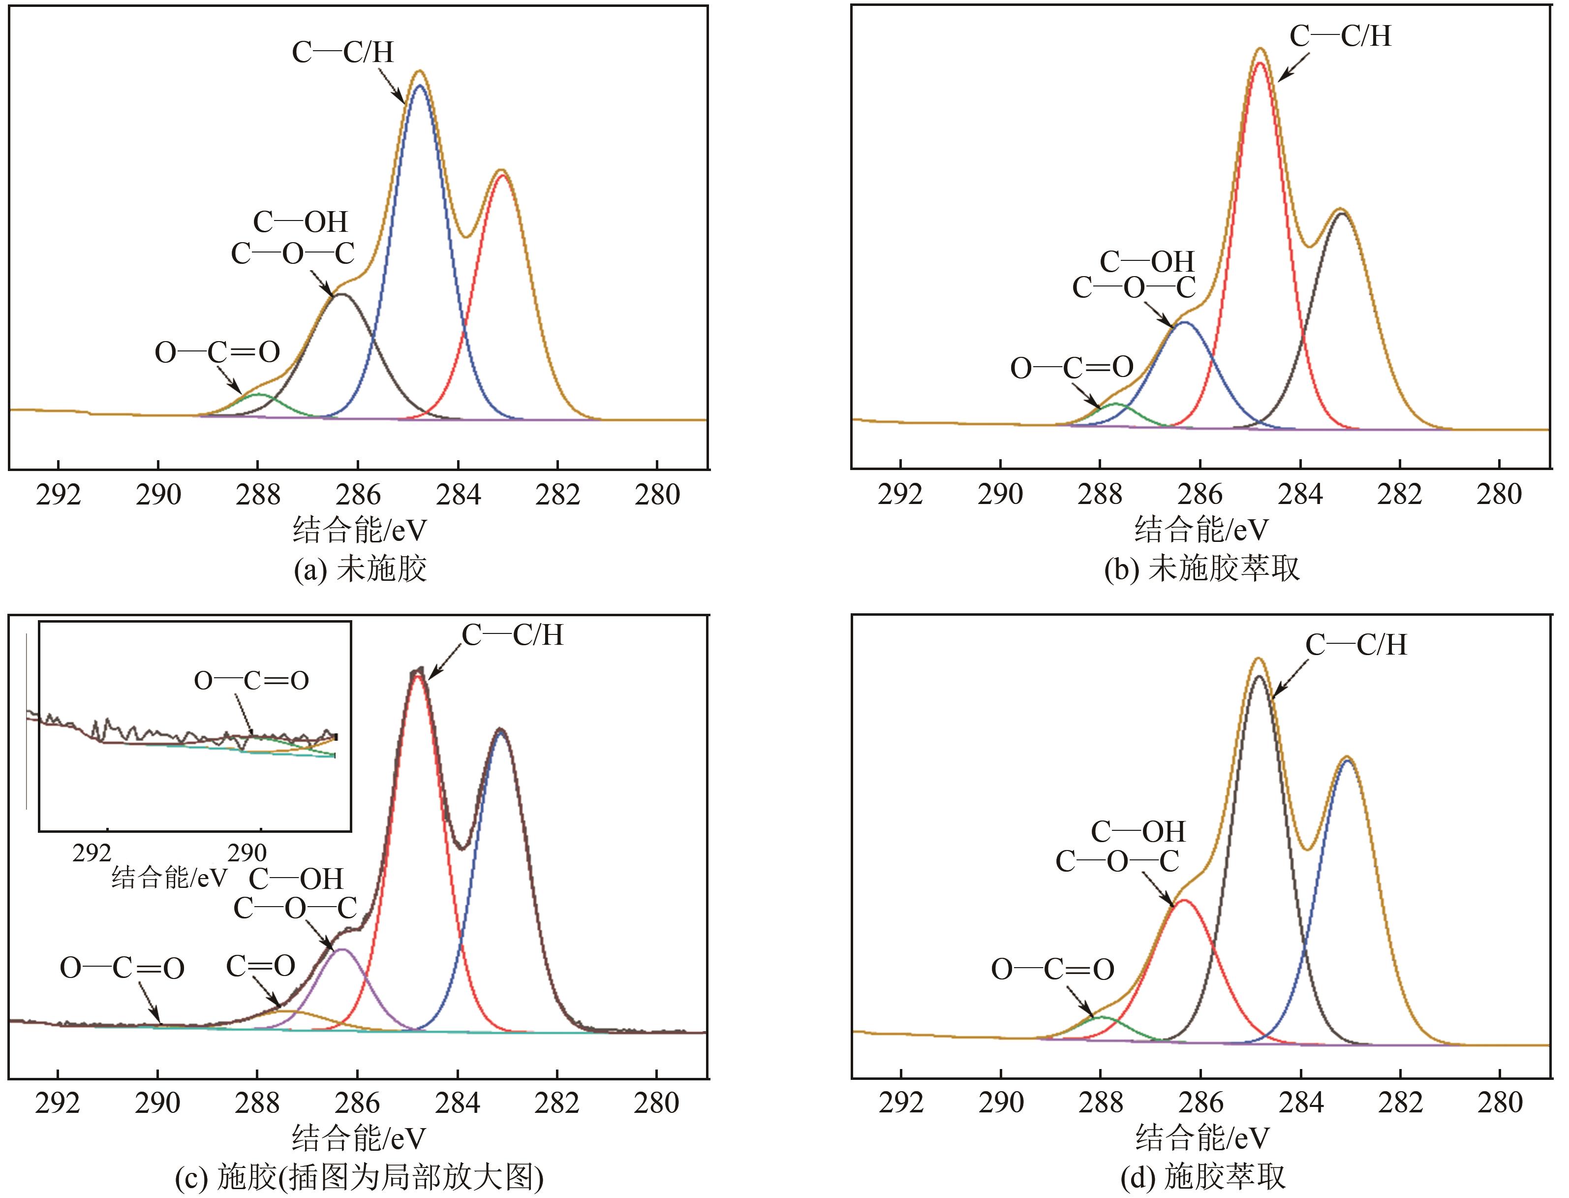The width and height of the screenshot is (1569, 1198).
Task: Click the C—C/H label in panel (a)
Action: [x=343, y=52]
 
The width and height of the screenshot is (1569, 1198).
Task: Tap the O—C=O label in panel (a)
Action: [x=217, y=352]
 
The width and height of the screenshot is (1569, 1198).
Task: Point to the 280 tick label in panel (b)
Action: [x=1499, y=495]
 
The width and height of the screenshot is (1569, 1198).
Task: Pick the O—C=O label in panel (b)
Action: [x=1072, y=368]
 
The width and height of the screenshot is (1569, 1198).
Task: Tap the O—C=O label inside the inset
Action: [x=251, y=681]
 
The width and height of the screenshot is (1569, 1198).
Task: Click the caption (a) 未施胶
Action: [x=360, y=569]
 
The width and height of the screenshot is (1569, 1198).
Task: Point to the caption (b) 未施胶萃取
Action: [x=1202, y=569]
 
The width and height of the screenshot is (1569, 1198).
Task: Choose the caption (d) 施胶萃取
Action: [x=1203, y=1178]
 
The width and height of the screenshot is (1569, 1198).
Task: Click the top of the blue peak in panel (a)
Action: [x=420, y=86]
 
